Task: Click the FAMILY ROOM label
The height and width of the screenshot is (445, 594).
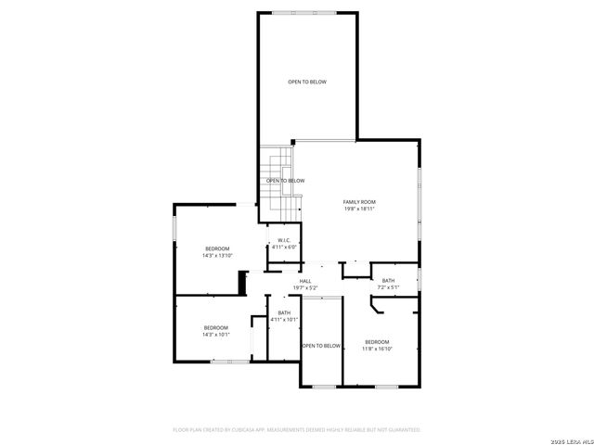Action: (x=359, y=202)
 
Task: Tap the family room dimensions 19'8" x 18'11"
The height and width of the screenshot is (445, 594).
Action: (x=359, y=210)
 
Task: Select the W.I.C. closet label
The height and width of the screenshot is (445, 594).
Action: (x=283, y=240)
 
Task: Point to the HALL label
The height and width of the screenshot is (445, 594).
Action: (x=304, y=281)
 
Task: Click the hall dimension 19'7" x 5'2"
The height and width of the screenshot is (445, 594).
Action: (x=304, y=288)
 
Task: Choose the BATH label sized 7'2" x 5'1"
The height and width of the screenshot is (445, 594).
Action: (x=388, y=281)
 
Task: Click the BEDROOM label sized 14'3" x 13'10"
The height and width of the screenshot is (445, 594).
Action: (x=217, y=248)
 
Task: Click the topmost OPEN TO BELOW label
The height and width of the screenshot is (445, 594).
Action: (x=306, y=82)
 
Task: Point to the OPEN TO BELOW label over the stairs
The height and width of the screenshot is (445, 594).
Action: (x=285, y=181)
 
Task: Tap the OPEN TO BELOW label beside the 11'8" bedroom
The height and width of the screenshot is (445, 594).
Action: (x=321, y=346)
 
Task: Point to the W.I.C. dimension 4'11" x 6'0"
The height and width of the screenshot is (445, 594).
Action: (x=283, y=248)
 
